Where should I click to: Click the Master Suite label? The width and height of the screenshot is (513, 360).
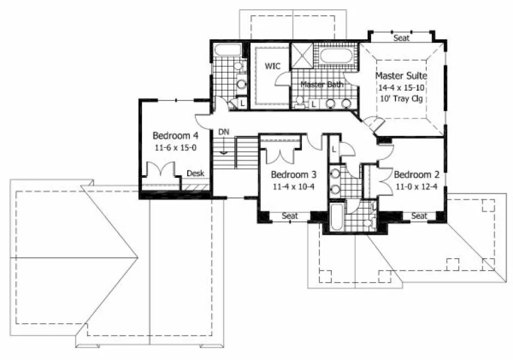[x=401, y=75]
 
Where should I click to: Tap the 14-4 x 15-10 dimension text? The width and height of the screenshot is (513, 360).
[x=401, y=87]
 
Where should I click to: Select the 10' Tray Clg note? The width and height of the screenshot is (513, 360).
[x=401, y=99]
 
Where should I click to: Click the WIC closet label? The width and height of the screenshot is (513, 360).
[x=272, y=66]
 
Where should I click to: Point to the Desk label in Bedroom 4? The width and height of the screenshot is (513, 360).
[x=195, y=173]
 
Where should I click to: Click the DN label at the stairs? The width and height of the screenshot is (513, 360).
[x=223, y=132]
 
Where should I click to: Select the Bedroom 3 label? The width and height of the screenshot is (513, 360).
[x=293, y=175]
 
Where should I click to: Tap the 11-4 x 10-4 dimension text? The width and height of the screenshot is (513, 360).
[x=293, y=187]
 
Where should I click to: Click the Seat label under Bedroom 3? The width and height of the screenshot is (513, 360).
[x=290, y=216]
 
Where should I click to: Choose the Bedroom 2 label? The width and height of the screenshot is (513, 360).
[x=416, y=175]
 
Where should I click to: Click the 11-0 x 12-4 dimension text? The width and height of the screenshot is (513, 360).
[x=416, y=187]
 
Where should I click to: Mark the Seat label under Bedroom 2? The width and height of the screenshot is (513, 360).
[x=419, y=216]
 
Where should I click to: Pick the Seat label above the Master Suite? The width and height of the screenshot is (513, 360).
[x=401, y=38]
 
